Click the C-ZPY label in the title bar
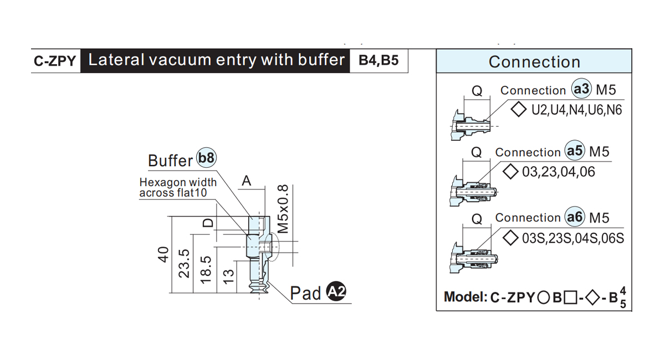click(55, 61)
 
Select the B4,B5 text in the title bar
click(378, 60)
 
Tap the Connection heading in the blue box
click(534, 61)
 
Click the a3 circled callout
click(581, 89)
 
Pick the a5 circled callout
click(575, 151)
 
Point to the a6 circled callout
click(575, 217)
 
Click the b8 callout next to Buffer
click(207, 158)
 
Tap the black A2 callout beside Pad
click(336, 291)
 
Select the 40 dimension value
click(163, 255)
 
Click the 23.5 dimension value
click(184, 264)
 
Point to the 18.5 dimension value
click(206, 270)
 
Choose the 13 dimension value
click(228, 277)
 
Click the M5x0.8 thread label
click(283, 209)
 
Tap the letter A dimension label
click(247, 181)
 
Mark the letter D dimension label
click(208, 223)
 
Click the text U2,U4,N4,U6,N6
click(576, 110)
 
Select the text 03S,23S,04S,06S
click(573, 238)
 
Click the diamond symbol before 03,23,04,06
click(510, 172)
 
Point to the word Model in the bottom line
click(465, 296)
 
